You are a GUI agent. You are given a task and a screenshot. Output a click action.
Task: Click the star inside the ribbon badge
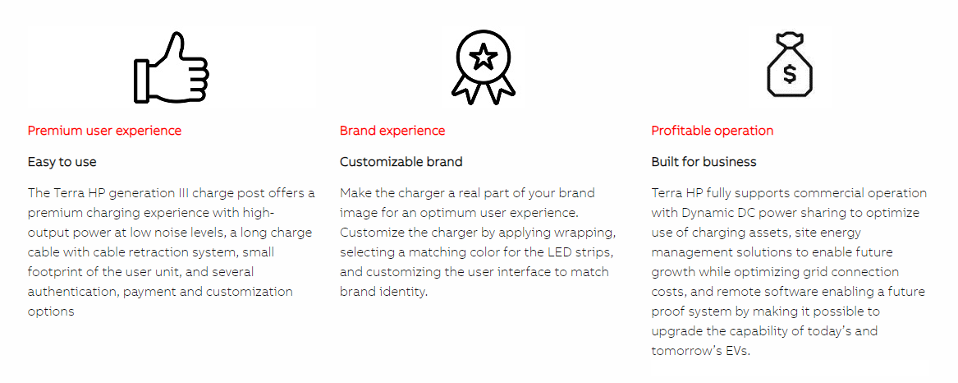[484, 58]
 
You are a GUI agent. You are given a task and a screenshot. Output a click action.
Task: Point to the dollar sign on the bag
[790, 74]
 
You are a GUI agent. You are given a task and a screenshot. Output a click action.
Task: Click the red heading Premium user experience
[104, 131]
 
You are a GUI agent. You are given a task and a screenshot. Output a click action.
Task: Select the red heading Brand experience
[392, 131]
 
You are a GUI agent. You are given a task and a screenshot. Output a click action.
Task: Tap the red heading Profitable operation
[713, 131]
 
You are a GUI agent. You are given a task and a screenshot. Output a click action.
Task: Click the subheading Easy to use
[62, 162]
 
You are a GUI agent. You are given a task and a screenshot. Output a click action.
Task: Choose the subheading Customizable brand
[401, 162]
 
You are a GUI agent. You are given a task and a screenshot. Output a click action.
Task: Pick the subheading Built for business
[704, 162]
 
